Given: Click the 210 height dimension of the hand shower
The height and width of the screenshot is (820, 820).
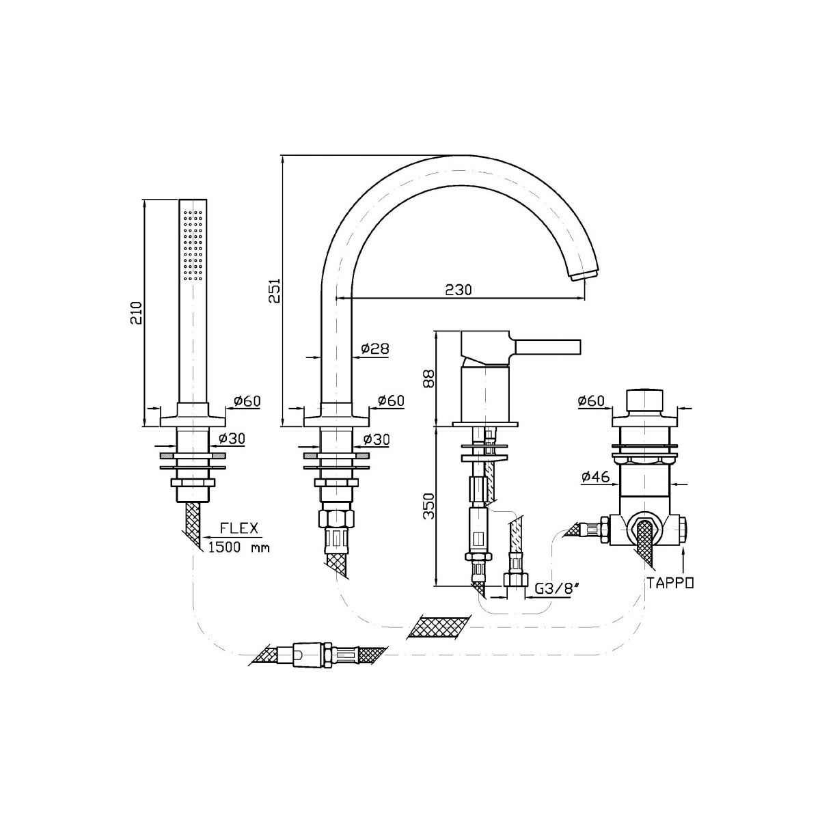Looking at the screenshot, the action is (x=136, y=314).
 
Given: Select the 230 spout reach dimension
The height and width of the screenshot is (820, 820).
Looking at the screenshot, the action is (x=459, y=290).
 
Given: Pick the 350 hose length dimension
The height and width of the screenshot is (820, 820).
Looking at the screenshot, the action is (x=430, y=506).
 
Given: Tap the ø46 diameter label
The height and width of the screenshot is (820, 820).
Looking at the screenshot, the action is (x=595, y=478).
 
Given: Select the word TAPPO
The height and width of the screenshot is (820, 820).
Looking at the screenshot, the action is (x=670, y=583).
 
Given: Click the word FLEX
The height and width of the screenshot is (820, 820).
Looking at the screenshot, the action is (x=239, y=528).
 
